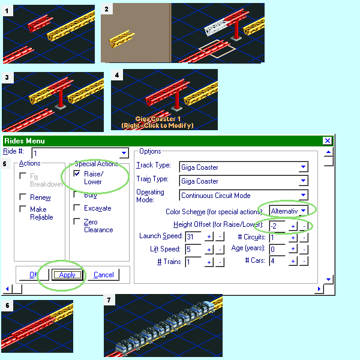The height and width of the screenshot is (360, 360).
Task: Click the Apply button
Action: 67,275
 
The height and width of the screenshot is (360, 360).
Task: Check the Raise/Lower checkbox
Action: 77,173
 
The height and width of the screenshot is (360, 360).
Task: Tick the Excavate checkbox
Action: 77,208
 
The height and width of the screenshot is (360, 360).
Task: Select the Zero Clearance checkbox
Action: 77,221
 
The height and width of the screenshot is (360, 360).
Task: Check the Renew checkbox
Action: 23,197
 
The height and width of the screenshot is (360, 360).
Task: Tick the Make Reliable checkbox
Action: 23,209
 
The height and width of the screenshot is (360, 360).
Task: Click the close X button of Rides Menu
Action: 327,140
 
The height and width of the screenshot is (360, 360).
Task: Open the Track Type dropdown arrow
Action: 304,167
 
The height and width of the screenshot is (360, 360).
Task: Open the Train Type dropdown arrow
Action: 304,181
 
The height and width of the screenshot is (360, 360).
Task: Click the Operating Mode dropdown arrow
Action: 304,195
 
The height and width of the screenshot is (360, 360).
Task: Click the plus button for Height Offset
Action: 293,226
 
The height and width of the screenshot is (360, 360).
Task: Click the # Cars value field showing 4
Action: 278,261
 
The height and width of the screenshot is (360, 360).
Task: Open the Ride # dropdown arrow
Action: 124,154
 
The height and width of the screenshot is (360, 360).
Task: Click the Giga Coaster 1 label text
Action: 157,119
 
